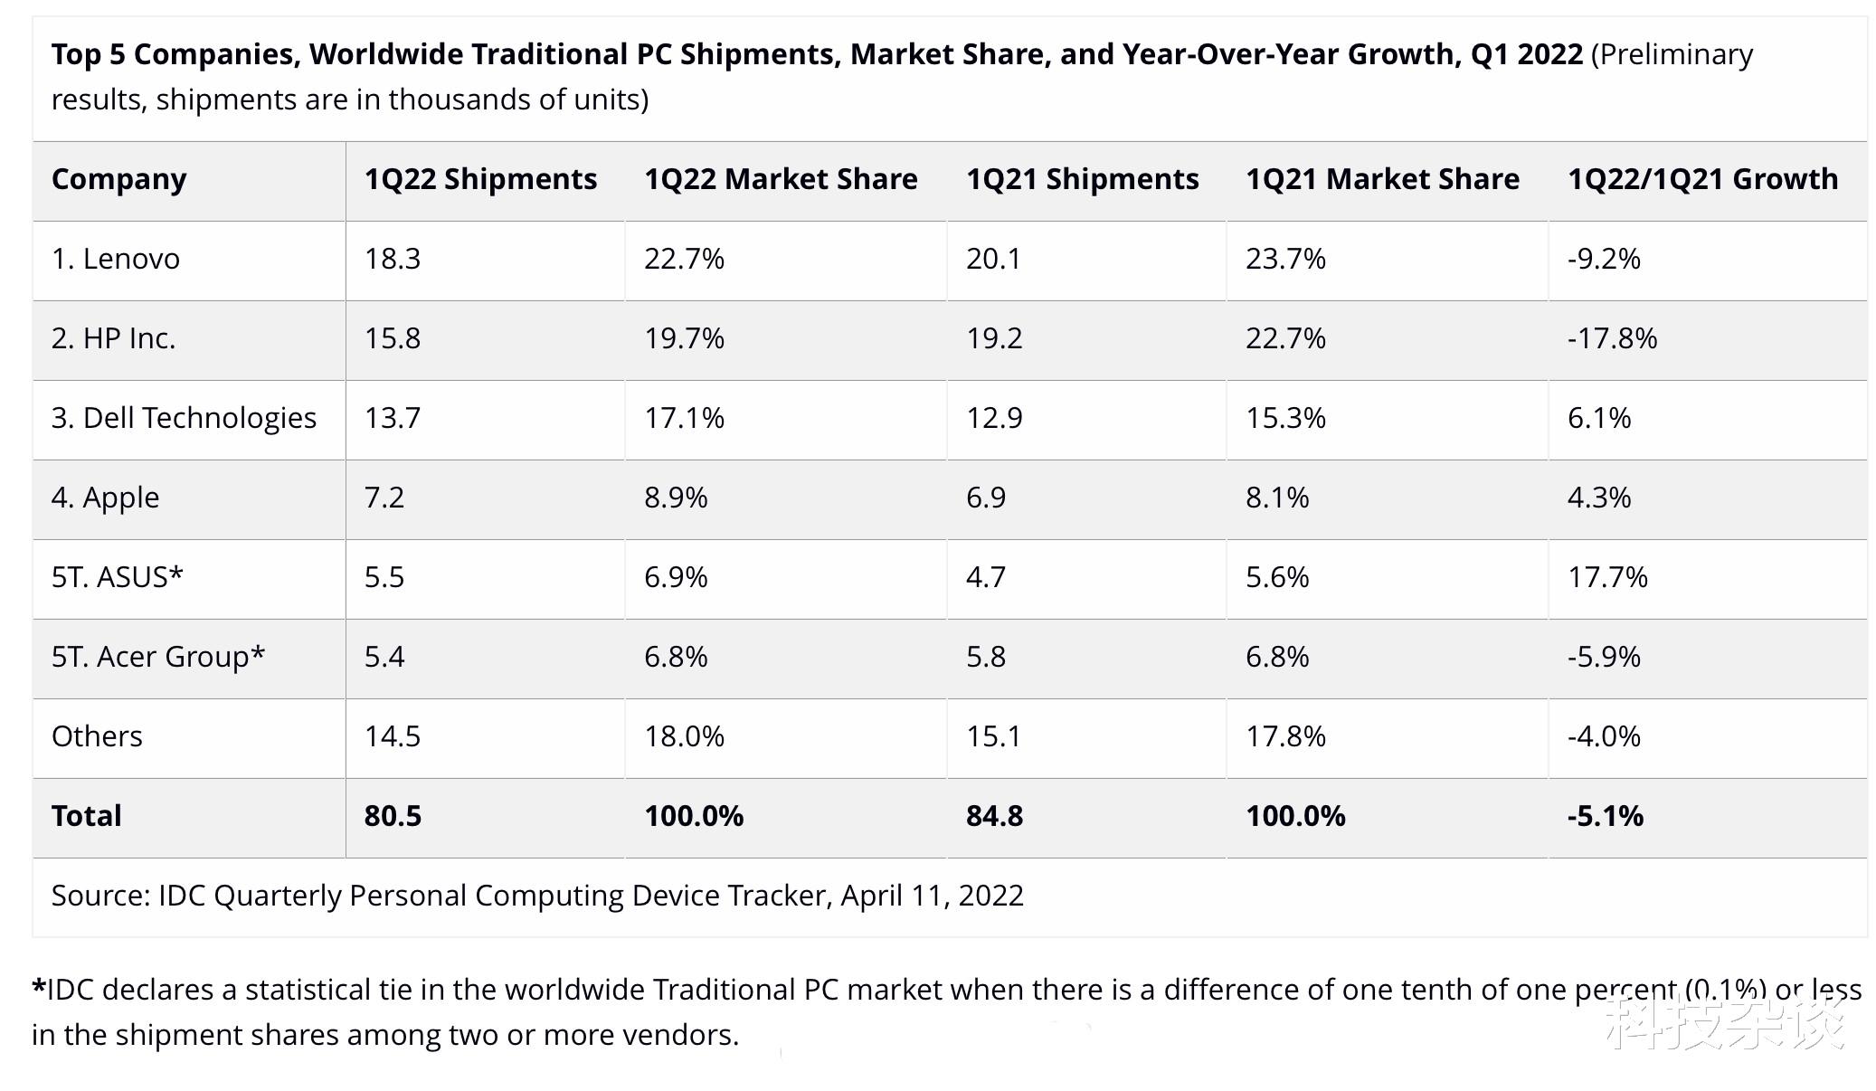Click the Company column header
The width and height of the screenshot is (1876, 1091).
118,179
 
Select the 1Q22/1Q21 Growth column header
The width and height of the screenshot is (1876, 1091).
1702,179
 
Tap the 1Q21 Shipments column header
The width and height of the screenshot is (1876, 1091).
1082,179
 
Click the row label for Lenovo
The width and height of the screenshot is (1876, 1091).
116,259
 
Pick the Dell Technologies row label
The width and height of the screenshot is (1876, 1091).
184,418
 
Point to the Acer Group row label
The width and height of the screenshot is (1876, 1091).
157,657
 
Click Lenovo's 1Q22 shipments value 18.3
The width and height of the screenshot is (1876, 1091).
393,259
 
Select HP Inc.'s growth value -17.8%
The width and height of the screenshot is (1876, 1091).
1612,338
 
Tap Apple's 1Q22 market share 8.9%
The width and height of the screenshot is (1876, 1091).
676,498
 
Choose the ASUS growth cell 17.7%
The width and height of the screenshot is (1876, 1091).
1607,577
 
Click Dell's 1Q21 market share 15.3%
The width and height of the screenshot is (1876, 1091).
1285,418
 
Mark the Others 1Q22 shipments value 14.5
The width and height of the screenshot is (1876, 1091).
393,736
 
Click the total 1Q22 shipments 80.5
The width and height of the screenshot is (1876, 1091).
393,816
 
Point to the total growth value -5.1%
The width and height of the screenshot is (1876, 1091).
1605,816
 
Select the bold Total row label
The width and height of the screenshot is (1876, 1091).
86,816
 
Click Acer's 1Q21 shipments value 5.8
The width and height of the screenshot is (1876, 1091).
985,657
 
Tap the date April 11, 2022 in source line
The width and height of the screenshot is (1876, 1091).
932,896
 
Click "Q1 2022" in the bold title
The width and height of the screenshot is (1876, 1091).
1526,54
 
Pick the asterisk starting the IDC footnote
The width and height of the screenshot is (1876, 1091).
38,986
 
